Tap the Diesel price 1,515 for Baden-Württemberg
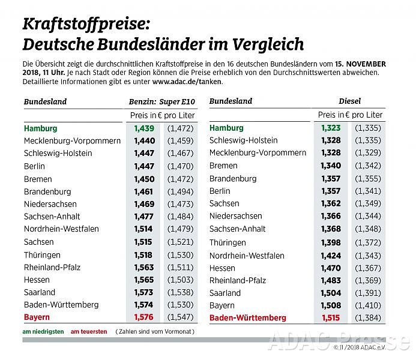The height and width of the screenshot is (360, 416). (331, 318)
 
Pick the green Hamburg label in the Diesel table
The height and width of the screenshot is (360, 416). (226, 128)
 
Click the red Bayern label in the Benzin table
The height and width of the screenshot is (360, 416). (37, 317)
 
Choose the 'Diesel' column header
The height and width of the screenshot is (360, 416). (349, 101)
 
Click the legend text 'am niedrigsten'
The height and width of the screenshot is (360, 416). (43, 332)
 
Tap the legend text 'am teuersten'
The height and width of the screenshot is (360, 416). (89, 332)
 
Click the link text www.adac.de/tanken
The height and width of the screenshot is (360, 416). (187, 81)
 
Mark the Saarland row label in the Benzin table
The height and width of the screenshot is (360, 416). (41, 292)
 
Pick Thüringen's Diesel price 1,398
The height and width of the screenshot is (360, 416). (331, 242)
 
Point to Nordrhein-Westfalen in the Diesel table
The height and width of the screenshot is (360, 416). (247, 255)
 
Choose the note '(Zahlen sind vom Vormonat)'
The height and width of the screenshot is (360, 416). (155, 332)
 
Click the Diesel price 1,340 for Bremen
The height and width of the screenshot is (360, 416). (331, 166)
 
